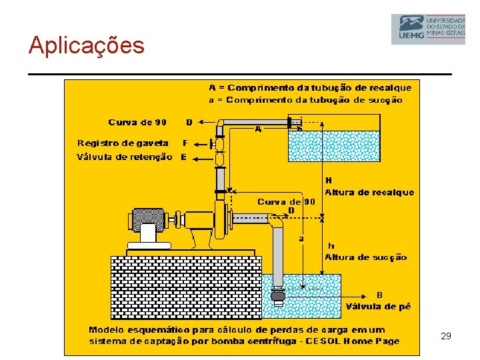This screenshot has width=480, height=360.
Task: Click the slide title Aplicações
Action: (86, 45)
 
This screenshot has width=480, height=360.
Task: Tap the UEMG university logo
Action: (427, 29)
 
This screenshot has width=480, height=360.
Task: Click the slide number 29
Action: (446, 337)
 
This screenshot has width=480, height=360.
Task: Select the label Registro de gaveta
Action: (123, 143)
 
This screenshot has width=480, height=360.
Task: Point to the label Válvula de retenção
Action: (124, 157)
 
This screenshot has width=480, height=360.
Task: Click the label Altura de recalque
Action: (369, 193)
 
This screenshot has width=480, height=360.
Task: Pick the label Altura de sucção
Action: (365, 257)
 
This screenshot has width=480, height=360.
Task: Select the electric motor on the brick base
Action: (149, 220)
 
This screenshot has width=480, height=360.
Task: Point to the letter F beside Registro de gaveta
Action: (185, 143)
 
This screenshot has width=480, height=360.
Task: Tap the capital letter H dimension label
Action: (328, 180)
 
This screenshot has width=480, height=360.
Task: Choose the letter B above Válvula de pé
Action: (379, 295)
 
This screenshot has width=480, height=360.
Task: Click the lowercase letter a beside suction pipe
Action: (301, 237)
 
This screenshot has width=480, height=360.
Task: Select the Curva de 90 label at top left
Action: (137, 122)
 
